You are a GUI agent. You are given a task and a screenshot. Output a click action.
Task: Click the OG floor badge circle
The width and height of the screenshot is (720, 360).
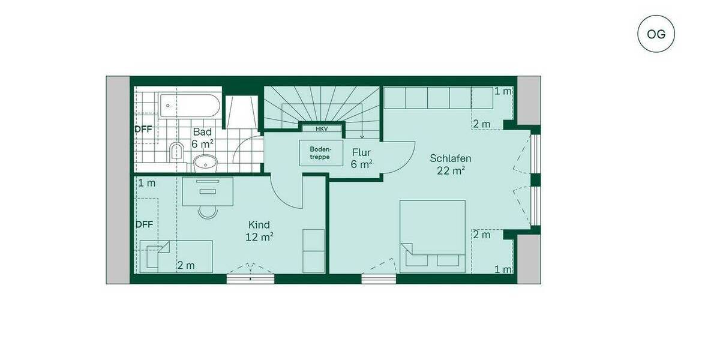click(656, 34)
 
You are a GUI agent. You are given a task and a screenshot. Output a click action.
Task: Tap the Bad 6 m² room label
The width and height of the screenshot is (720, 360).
click(203, 137)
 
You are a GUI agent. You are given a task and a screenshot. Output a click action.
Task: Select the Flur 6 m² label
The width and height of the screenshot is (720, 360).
click(362, 157)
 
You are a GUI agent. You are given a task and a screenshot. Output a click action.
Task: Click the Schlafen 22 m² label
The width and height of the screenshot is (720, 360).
click(450, 164)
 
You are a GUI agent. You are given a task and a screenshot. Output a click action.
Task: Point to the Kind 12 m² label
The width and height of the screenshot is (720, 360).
click(260, 230)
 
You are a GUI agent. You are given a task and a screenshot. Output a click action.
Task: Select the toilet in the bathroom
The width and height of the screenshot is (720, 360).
click(176, 151)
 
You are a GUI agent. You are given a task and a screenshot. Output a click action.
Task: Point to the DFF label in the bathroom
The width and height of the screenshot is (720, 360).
click(143, 128)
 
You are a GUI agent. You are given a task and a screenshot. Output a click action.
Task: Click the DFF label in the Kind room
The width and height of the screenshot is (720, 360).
click(144, 224)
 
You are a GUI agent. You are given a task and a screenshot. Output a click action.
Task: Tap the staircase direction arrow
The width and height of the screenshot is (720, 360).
click(362, 133)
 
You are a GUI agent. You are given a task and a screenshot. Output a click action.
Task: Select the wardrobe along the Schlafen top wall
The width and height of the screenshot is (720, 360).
click(438, 98)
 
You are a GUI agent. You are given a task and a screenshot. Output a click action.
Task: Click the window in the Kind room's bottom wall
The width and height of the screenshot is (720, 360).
click(250, 278)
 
